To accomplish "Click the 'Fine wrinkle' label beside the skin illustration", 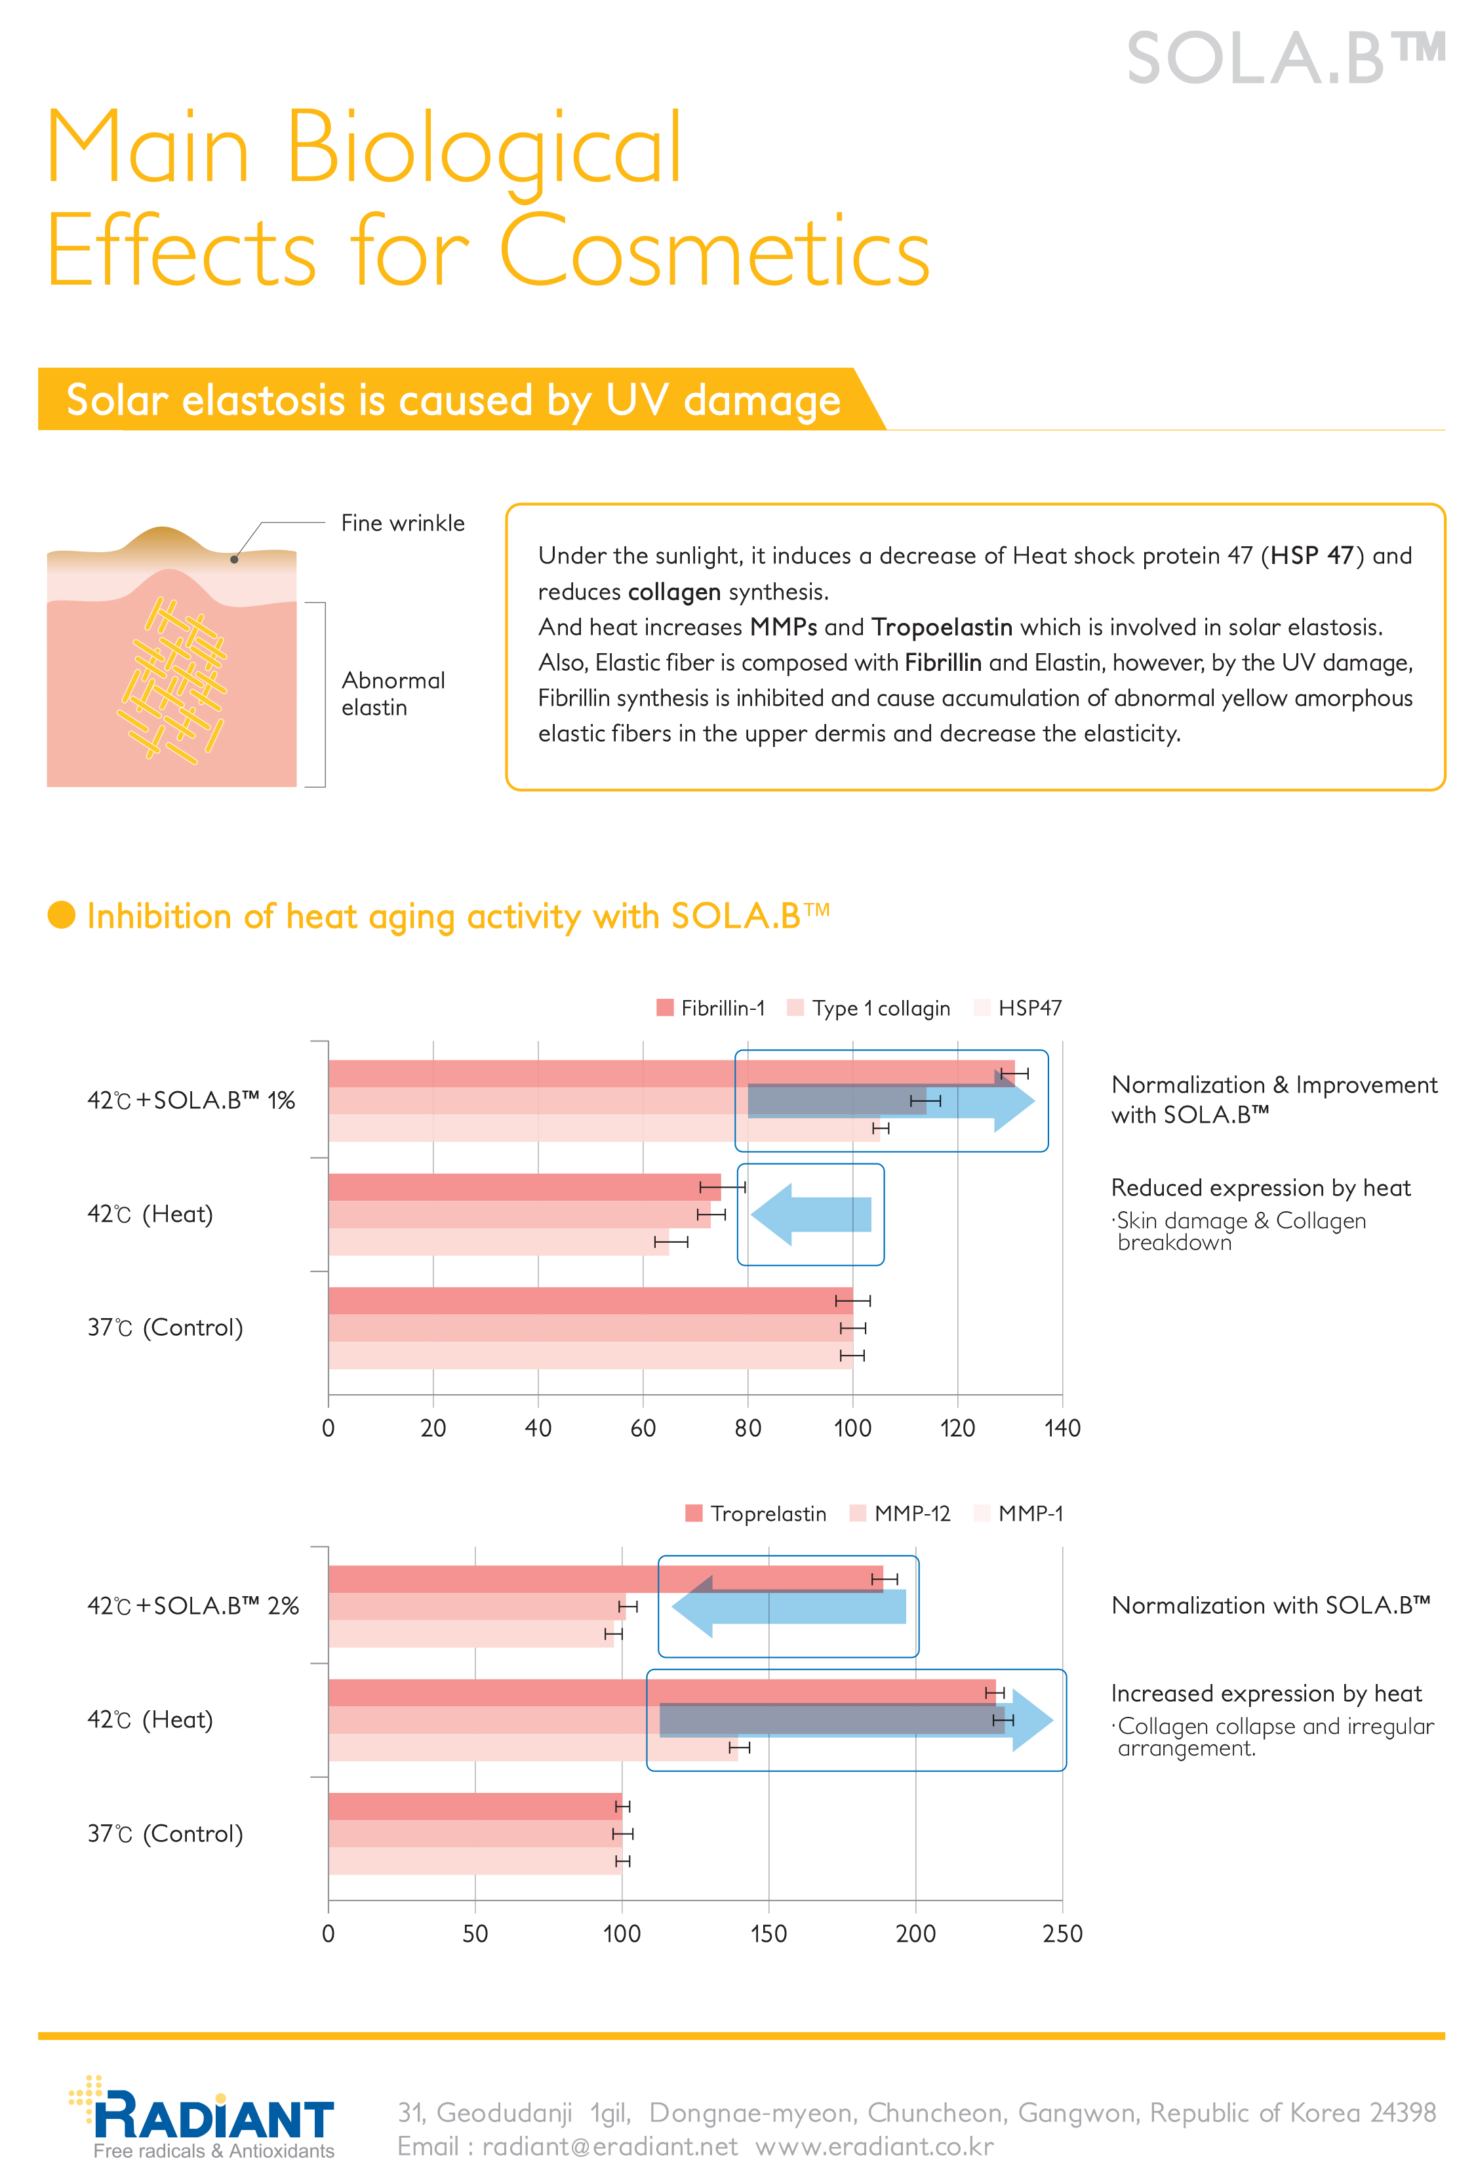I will coord(402,523).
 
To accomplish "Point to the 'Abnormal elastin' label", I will coord(392,693).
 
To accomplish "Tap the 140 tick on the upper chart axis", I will coord(1062,1428).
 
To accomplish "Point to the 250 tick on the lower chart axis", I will coord(1062,1934).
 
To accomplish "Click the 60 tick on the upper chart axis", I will coord(643,1428).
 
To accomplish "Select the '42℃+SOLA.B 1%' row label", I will coord(191,1101).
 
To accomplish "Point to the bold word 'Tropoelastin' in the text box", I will coord(942,627).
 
